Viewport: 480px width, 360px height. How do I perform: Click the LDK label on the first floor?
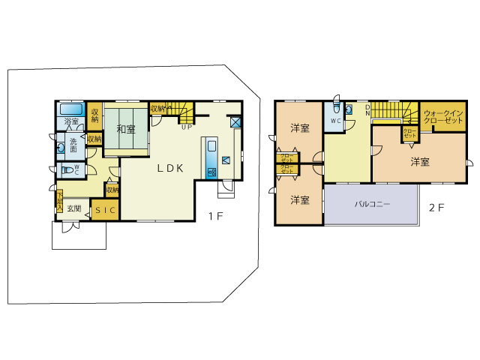[170, 169]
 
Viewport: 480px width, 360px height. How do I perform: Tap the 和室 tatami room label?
[125, 129]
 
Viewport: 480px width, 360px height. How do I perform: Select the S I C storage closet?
[105, 211]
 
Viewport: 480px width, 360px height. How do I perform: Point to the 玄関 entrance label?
[74, 208]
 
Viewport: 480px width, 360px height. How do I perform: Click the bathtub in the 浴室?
[71, 109]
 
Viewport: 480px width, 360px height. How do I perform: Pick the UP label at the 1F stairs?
[184, 126]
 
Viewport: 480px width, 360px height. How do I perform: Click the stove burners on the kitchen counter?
[211, 173]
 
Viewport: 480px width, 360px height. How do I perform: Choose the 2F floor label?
[436, 208]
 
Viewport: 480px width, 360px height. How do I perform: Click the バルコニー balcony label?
[370, 203]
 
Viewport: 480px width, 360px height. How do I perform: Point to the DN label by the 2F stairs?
[367, 109]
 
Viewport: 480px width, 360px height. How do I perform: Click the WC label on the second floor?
[335, 120]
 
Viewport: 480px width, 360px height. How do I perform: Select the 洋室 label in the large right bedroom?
[420, 161]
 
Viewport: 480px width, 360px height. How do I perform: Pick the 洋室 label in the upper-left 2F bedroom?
[300, 128]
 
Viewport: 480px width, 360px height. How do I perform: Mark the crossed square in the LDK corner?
[235, 122]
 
